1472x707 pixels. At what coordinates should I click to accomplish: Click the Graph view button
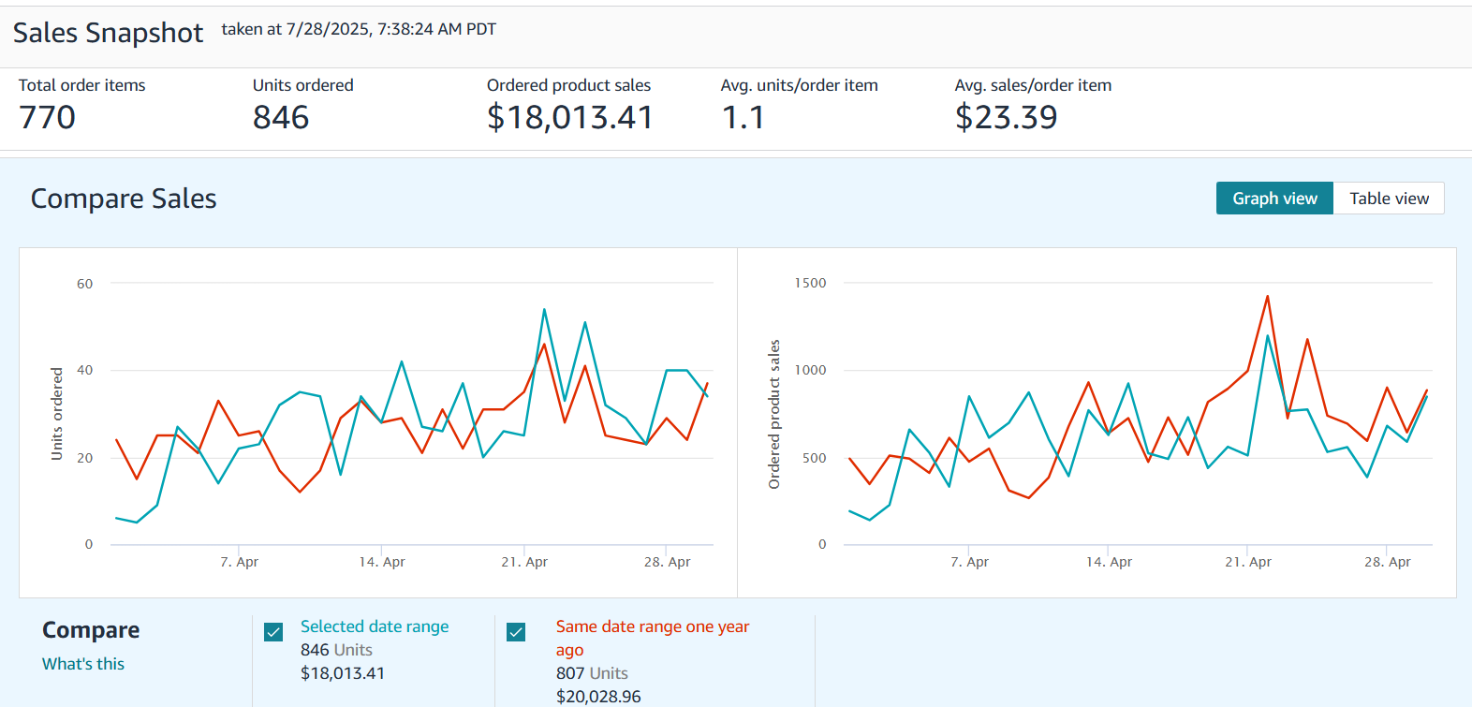[1274, 199]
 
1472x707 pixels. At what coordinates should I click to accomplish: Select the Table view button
[1389, 199]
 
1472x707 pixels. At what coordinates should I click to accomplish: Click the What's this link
[83, 664]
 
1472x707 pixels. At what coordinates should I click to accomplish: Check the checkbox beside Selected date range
[273, 632]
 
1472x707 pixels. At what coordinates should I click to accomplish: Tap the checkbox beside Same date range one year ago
[516, 632]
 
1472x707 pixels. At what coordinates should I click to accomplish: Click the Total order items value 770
[47, 118]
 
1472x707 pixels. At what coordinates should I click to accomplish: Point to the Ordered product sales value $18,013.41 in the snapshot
[569, 118]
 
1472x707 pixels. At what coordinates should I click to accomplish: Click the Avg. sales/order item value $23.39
[1006, 118]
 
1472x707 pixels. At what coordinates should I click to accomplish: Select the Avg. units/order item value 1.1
[743, 118]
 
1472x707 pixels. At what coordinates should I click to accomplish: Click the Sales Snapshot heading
[108, 33]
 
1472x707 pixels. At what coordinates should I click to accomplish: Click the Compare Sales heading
[124, 199]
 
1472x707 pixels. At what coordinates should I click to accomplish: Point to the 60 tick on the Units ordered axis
[85, 284]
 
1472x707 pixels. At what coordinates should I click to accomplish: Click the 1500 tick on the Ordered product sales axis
[810, 283]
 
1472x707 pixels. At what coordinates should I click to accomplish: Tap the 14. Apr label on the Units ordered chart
[382, 562]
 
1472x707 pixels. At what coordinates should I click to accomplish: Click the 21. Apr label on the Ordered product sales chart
[1248, 562]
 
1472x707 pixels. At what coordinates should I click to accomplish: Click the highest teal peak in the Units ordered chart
[544, 310]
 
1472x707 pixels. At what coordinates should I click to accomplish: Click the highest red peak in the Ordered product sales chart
[1267, 297]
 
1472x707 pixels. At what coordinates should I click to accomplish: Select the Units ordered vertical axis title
[57, 413]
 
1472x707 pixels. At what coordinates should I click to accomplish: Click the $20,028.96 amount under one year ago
[598, 697]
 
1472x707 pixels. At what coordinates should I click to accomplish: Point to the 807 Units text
[592, 673]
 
